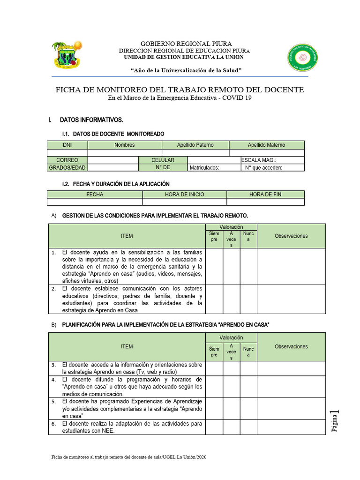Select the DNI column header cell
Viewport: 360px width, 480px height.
click(67, 145)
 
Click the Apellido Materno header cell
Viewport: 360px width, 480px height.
click(266, 145)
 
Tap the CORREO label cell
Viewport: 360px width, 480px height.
click(67, 160)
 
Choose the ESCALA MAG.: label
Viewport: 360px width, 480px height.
click(259, 160)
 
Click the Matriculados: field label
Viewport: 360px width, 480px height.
click(204, 168)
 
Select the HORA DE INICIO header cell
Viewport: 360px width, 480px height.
click(184, 195)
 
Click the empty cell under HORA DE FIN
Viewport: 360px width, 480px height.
click(265, 202)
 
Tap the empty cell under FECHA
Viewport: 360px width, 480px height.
click(95, 202)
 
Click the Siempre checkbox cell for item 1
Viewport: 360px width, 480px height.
click(214, 266)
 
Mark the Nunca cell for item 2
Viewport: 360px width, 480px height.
click(248, 299)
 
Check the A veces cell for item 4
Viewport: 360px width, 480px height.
click(231, 386)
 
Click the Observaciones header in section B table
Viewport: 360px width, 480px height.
click(291, 347)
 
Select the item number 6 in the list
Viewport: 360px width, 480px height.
click(54, 424)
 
